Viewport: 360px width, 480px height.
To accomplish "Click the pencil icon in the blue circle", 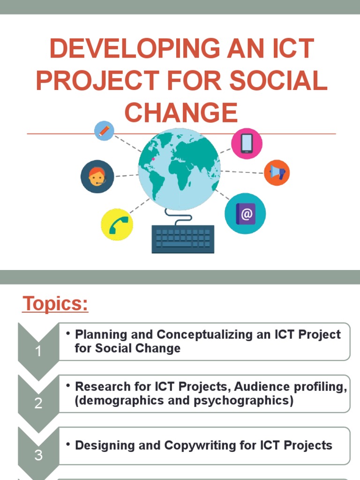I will [x=104, y=130].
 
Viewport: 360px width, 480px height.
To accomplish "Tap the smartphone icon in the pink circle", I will [x=247, y=143].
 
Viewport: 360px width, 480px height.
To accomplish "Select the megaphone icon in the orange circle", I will [x=277, y=172].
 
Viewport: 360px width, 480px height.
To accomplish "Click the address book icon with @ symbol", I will [x=245, y=213].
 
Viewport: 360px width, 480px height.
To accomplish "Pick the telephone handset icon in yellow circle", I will [x=117, y=225].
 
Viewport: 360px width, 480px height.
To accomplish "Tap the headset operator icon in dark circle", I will [x=97, y=177].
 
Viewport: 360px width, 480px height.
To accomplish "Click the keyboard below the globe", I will [x=183, y=239].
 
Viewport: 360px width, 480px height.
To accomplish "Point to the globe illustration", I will [x=179, y=169].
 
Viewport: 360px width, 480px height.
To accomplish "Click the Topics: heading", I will [x=55, y=304].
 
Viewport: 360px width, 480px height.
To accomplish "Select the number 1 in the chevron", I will [x=38, y=351].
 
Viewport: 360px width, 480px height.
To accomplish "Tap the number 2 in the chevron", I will [x=38, y=403].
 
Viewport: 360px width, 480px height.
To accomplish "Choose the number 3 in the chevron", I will [x=38, y=455].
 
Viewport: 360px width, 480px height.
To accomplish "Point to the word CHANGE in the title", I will [x=181, y=112].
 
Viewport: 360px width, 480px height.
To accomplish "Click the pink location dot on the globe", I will [x=153, y=159].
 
